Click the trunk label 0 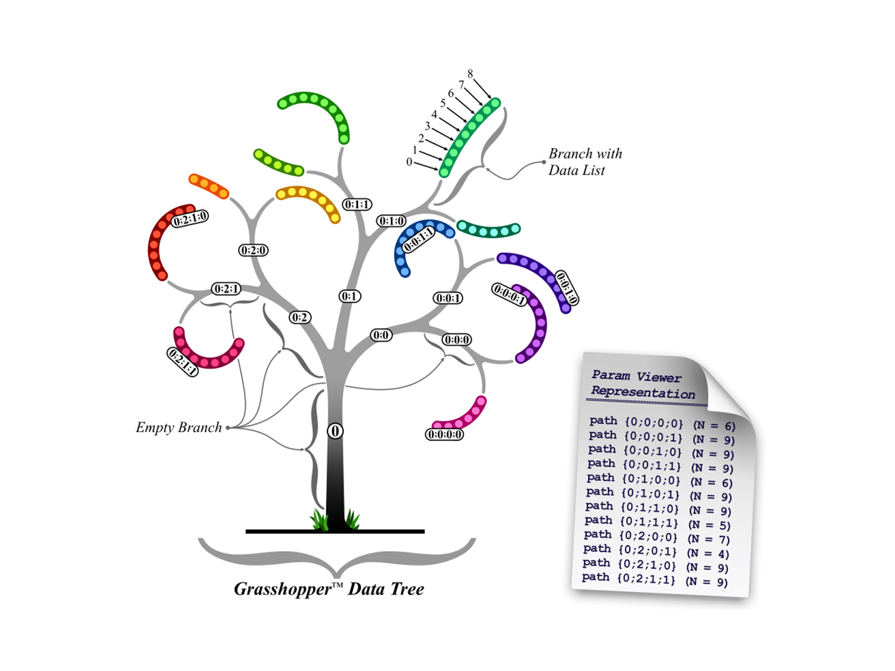click(x=335, y=431)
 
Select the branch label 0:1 click(x=349, y=296)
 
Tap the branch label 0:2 click(x=300, y=317)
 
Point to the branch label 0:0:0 click(x=456, y=340)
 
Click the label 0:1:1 click(x=357, y=204)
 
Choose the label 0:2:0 click(x=253, y=250)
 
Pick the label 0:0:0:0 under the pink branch click(x=444, y=434)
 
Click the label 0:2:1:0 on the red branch click(x=190, y=219)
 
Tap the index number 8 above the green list click(x=470, y=74)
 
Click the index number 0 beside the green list click(x=409, y=162)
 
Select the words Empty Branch click(x=179, y=427)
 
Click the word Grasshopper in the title click(x=283, y=589)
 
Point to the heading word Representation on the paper click(x=643, y=393)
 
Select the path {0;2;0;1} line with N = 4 click(x=656, y=551)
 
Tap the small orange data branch click(x=209, y=186)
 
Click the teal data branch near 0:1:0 click(x=489, y=229)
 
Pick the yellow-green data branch click(x=278, y=163)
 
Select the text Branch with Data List click(x=584, y=162)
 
